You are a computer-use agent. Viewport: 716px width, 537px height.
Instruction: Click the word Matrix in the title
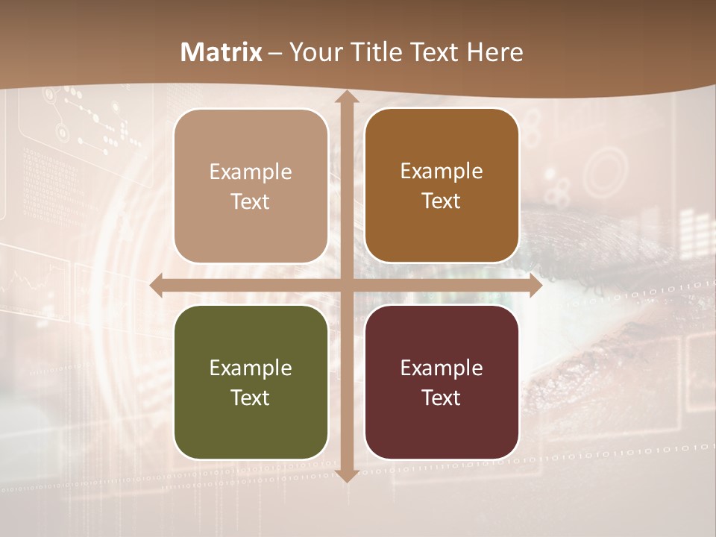click(x=222, y=52)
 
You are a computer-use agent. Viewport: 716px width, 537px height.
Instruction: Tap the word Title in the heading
click(x=376, y=52)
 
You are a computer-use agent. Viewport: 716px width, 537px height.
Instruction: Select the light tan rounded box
click(x=251, y=186)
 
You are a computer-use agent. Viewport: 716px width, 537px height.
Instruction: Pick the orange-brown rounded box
click(x=442, y=186)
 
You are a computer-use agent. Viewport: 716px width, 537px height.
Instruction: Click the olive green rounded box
click(x=251, y=383)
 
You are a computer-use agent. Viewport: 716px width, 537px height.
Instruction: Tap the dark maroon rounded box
click(x=442, y=383)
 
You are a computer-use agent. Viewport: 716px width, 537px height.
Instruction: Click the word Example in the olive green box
click(x=251, y=368)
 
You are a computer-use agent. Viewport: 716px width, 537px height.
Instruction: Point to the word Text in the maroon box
click(x=442, y=398)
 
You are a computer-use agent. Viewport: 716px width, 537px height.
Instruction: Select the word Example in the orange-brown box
click(x=442, y=171)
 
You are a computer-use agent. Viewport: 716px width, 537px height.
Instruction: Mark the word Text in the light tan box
click(x=251, y=202)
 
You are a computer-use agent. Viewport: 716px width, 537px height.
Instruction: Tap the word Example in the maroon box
click(x=442, y=368)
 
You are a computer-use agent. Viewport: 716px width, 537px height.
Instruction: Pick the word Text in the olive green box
click(x=251, y=398)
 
